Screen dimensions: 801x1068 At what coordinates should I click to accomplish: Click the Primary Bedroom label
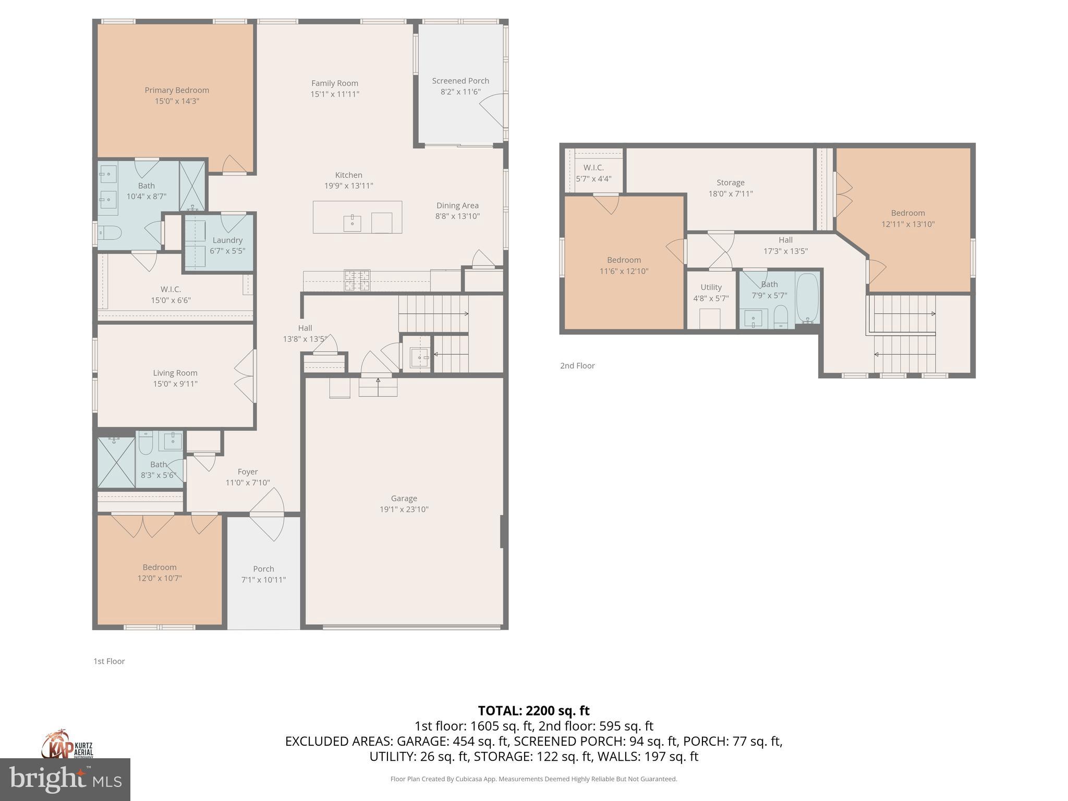point(177,90)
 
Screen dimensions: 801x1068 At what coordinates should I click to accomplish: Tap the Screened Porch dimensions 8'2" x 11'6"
point(460,92)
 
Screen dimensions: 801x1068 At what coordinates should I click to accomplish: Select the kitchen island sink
point(352,223)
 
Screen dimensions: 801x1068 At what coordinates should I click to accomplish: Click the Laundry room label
point(227,240)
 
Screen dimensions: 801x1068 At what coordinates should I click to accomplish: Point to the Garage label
point(404,498)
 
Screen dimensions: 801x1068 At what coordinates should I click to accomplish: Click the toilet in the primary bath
point(111,232)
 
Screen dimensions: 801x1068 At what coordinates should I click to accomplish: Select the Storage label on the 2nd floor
point(730,183)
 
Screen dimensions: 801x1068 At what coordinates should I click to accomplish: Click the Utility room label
point(711,287)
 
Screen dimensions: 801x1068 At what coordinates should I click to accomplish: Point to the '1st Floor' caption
point(109,661)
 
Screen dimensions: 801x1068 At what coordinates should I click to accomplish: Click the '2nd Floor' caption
point(577,366)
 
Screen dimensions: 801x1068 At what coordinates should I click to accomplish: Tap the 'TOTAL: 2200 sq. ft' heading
point(533,711)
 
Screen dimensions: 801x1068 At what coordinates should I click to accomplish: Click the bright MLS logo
point(65,779)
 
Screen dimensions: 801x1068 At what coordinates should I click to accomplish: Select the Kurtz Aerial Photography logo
point(67,745)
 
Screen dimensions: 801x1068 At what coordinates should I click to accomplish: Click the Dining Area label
point(457,205)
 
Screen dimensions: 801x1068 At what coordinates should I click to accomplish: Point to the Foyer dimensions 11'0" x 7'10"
point(248,483)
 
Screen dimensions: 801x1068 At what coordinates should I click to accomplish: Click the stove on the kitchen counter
point(357,280)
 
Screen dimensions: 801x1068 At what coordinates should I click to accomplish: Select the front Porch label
point(263,569)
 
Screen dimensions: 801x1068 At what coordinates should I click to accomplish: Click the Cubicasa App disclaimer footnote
point(533,779)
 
